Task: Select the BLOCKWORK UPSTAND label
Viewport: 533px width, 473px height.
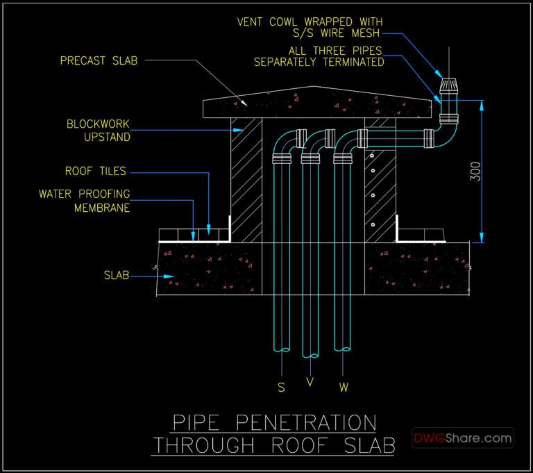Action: click(x=98, y=131)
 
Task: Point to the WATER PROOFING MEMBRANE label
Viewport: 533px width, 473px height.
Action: click(x=84, y=201)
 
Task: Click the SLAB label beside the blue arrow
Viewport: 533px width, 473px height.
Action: click(x=116, y=276)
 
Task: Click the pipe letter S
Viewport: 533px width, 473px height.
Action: click(x=281, y=388)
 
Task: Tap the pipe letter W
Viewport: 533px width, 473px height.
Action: click(x=344, y=387)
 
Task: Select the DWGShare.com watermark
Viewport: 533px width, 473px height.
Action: click(x=463, y=438)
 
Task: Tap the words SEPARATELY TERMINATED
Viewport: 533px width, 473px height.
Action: click(x=319, y=62)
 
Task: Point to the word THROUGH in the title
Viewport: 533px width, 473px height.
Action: click(x=197, y=445)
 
